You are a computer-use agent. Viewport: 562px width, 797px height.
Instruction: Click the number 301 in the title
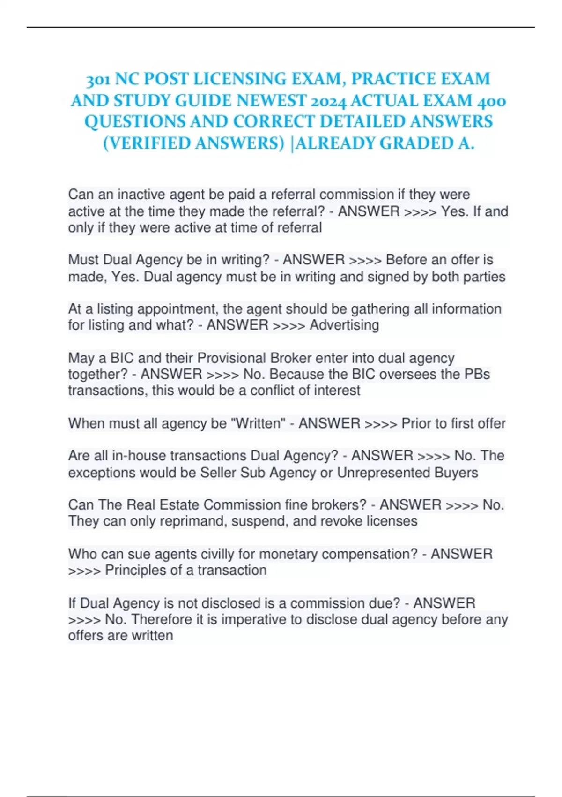coord(98,80)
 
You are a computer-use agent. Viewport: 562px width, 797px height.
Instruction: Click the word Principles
coord(135,571)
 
